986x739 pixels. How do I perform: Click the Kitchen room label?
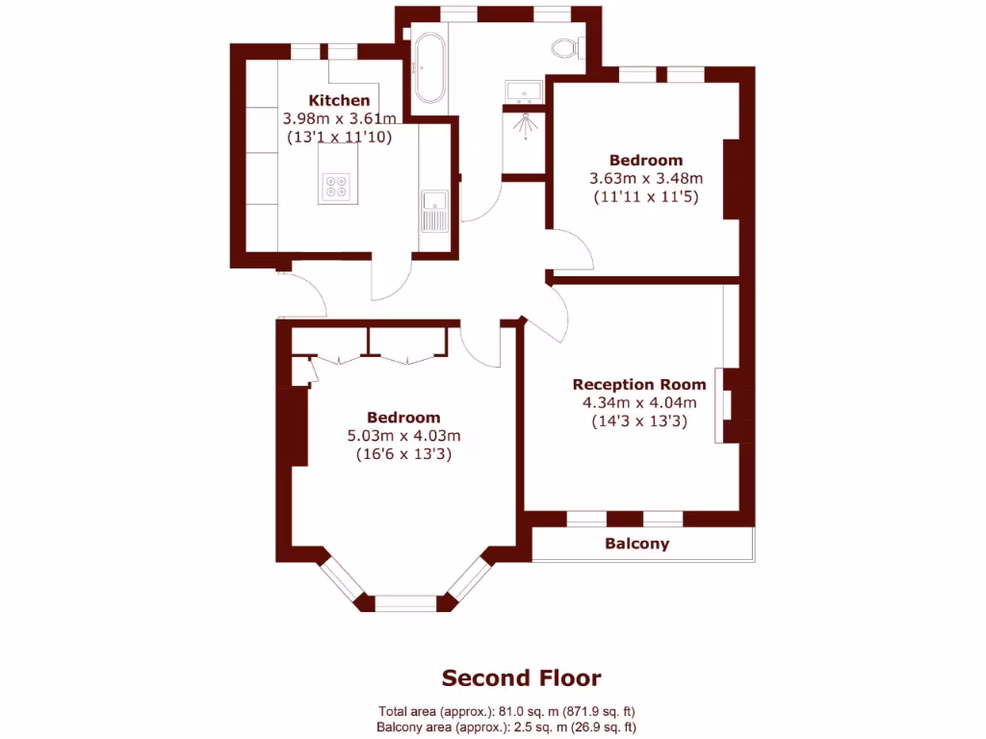(x=339, y=100)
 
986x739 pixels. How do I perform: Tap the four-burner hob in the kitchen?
(x=336, y=185)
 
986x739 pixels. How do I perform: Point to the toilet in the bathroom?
(x=567, y=47)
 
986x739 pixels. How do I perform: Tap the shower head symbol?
(x=525, y=122)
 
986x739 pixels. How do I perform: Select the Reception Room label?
(x=639, y=384)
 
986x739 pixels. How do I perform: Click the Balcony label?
(x=636, y=544)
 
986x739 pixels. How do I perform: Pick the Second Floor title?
(x=521, y=678)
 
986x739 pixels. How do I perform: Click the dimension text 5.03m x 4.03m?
(x=403, y=435)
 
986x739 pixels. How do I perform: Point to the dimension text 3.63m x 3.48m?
(x=645, y=178)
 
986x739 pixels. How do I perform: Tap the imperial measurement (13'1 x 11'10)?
(x=339, y=137)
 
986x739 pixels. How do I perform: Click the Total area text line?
(x=506, y=712)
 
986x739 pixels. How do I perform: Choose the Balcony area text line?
(x=506, y=727)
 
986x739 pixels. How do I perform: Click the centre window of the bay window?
(x=405, y=603)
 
